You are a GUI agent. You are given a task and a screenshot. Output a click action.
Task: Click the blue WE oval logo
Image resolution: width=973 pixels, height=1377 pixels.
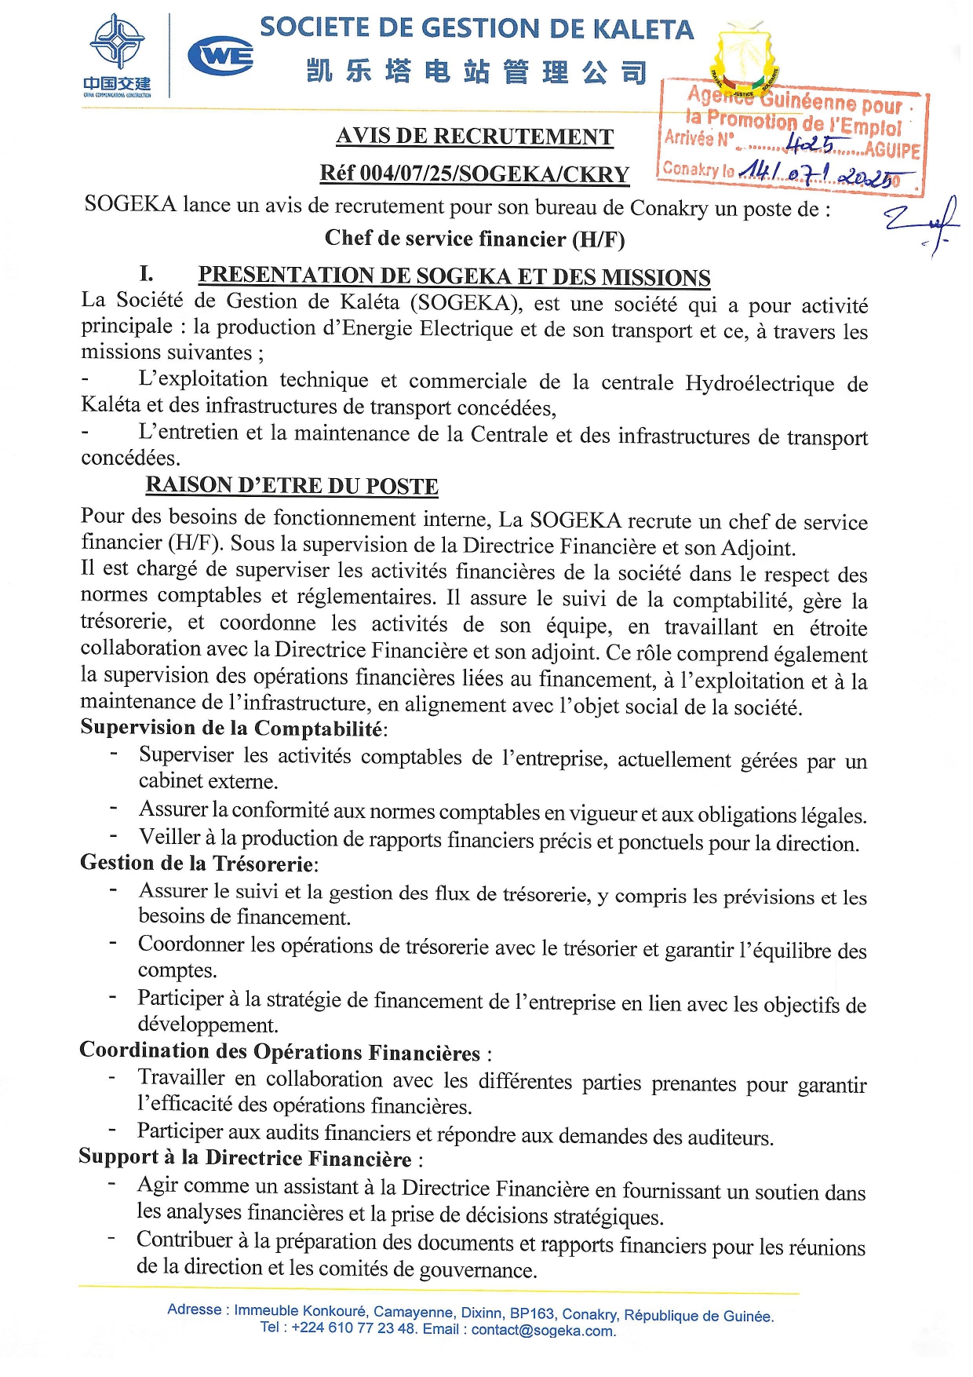coord(220,56)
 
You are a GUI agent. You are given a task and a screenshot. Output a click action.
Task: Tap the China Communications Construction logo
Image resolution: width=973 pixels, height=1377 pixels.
coord(117,55)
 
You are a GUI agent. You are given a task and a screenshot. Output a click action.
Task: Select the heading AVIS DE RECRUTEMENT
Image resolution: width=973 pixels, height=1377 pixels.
coord(475,137)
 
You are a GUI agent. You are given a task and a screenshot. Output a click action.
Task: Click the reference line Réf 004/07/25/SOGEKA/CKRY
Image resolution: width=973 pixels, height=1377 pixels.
coord(475,173)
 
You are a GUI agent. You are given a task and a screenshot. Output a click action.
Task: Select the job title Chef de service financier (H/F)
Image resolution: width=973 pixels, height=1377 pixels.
coord(475,238)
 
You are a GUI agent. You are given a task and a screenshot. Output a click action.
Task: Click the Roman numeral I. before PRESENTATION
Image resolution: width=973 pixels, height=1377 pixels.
coord(146,274)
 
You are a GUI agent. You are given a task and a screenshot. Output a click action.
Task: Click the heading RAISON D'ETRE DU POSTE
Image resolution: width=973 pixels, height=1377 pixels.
coord(292,486)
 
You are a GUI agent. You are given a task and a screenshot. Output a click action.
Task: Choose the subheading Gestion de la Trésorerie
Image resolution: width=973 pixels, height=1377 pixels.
coord(198,864)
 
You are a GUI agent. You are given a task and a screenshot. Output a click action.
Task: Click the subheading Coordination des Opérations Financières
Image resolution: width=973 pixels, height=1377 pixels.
coord(280,1051)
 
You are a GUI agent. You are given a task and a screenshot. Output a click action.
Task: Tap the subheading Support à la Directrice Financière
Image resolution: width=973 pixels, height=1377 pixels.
coord(246,1158)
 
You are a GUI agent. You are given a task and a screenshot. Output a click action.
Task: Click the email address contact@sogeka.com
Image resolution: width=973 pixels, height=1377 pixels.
coord(543,1330)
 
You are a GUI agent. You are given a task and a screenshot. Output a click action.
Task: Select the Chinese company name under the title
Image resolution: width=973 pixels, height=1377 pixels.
coord(477,72)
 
